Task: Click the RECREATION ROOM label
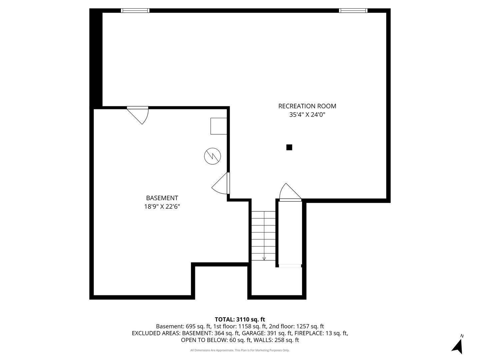307,106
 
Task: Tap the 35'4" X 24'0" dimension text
307,115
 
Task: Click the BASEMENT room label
162,198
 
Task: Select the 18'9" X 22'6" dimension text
162,207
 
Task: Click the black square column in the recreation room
289,147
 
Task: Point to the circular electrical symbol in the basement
213,156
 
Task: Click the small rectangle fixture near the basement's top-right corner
219,126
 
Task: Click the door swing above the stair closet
289,193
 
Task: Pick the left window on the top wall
135,11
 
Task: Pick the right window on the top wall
353,11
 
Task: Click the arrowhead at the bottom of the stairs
264,258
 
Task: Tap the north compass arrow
458,346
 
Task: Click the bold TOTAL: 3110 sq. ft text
240,320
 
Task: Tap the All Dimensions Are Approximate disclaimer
240,350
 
